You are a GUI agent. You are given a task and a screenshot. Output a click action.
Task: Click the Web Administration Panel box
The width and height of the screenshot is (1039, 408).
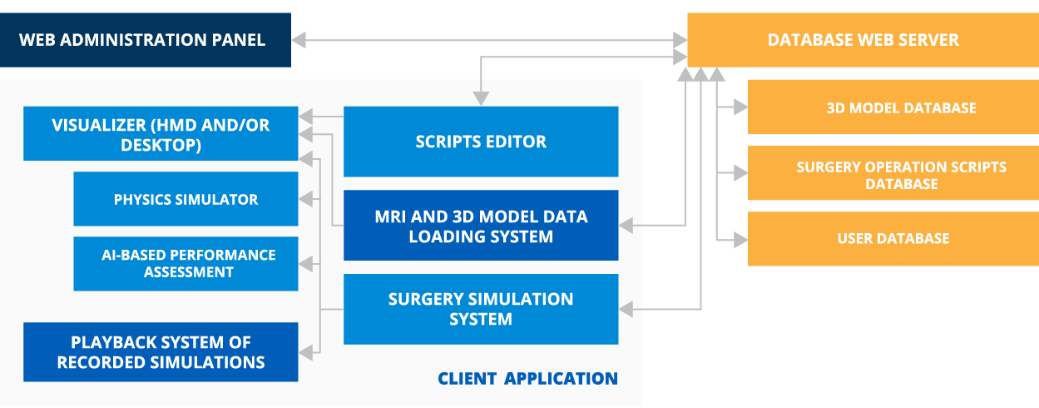click(x=146, y=39)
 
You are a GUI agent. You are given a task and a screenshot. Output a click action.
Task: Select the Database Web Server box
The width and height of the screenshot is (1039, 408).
click(x=863, y=39)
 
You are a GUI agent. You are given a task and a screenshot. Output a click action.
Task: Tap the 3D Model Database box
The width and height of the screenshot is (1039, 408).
click(x=893, y=107)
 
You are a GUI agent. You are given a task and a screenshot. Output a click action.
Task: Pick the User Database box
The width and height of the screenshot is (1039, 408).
click(x=893, y=239)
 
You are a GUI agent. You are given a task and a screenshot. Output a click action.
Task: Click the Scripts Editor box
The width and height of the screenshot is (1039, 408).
click(x=481, y=142)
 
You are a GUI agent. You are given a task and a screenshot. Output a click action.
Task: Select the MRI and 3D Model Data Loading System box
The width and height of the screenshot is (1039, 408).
click(x=481, y=226)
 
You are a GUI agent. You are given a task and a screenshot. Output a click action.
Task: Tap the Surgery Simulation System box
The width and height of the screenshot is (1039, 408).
click(x=481, y=309)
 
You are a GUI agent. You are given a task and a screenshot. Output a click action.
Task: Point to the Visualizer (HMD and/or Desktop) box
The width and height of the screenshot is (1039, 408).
click(x=161, y=134)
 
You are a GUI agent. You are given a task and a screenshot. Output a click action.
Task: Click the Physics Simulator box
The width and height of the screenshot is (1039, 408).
click(x=186, y=199)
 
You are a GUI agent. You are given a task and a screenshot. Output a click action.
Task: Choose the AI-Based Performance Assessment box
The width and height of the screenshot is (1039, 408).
click(x=186, y=263)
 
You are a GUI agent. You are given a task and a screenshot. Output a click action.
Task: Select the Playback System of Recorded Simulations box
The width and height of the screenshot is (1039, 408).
click(x=161, y=352)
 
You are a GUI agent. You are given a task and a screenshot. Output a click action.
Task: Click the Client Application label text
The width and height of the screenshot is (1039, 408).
click(x=527, y=379)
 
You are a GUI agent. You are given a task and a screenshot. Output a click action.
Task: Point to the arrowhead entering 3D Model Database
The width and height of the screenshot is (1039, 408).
click(x=740, y=107)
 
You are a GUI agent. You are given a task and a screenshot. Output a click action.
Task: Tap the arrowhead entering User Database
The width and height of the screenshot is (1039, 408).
click(x=740, y=240)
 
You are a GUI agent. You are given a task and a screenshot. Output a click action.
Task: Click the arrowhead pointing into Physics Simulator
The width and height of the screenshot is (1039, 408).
click(x=306, y=199)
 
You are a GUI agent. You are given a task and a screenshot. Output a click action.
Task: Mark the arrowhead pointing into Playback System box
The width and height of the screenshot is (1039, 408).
click(x=306, y=351)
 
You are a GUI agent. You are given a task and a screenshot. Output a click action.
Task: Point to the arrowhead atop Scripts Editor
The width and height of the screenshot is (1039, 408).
click(x=481, y=99)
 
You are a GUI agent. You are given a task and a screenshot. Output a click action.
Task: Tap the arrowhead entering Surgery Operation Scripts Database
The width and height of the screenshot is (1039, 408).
click(x=740, y=173)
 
